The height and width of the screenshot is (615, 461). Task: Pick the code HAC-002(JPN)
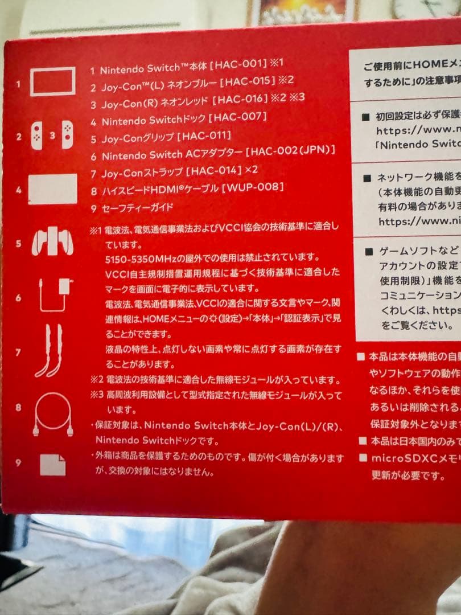coord(290,152)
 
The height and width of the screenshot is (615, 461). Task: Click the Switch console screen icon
coord(52,81)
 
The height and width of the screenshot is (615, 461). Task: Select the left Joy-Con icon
coord(37,137)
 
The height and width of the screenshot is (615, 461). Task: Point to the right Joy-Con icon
coord(67,137)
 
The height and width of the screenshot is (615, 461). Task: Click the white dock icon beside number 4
coord(52,189)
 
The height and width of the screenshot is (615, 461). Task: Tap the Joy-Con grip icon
coord(52,243)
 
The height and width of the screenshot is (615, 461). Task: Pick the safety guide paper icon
coord(52,465)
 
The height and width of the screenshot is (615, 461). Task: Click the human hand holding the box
coord(364,569)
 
